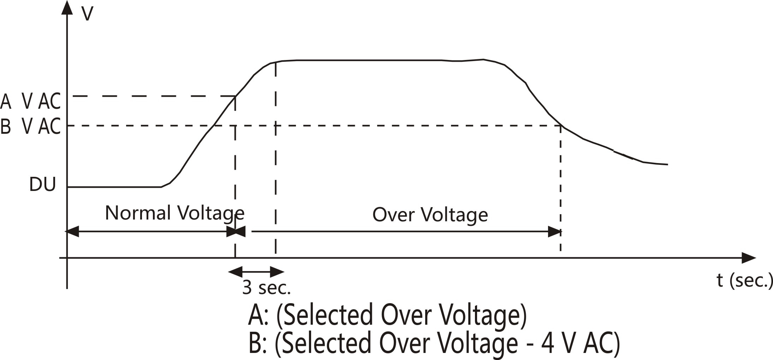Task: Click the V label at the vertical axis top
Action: [87, 14]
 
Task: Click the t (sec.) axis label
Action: [745, 280]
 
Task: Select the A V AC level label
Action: [31, 101]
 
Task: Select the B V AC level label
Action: [31, 126]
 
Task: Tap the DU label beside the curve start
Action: [43, 184]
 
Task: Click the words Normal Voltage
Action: [175, 213]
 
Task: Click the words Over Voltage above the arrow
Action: [430, 215]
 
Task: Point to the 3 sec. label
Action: [266, 287]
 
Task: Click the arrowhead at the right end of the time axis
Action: [749, 258]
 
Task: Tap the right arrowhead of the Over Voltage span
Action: [554, 232]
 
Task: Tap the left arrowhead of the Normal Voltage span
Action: [72, 232]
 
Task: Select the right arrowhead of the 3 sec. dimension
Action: [277, 272]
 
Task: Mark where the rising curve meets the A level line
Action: [236, 96]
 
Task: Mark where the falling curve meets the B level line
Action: [561, 126]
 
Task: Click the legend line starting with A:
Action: [387, 314]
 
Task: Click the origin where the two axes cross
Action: [67, 258]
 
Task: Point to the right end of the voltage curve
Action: [667, 164]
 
